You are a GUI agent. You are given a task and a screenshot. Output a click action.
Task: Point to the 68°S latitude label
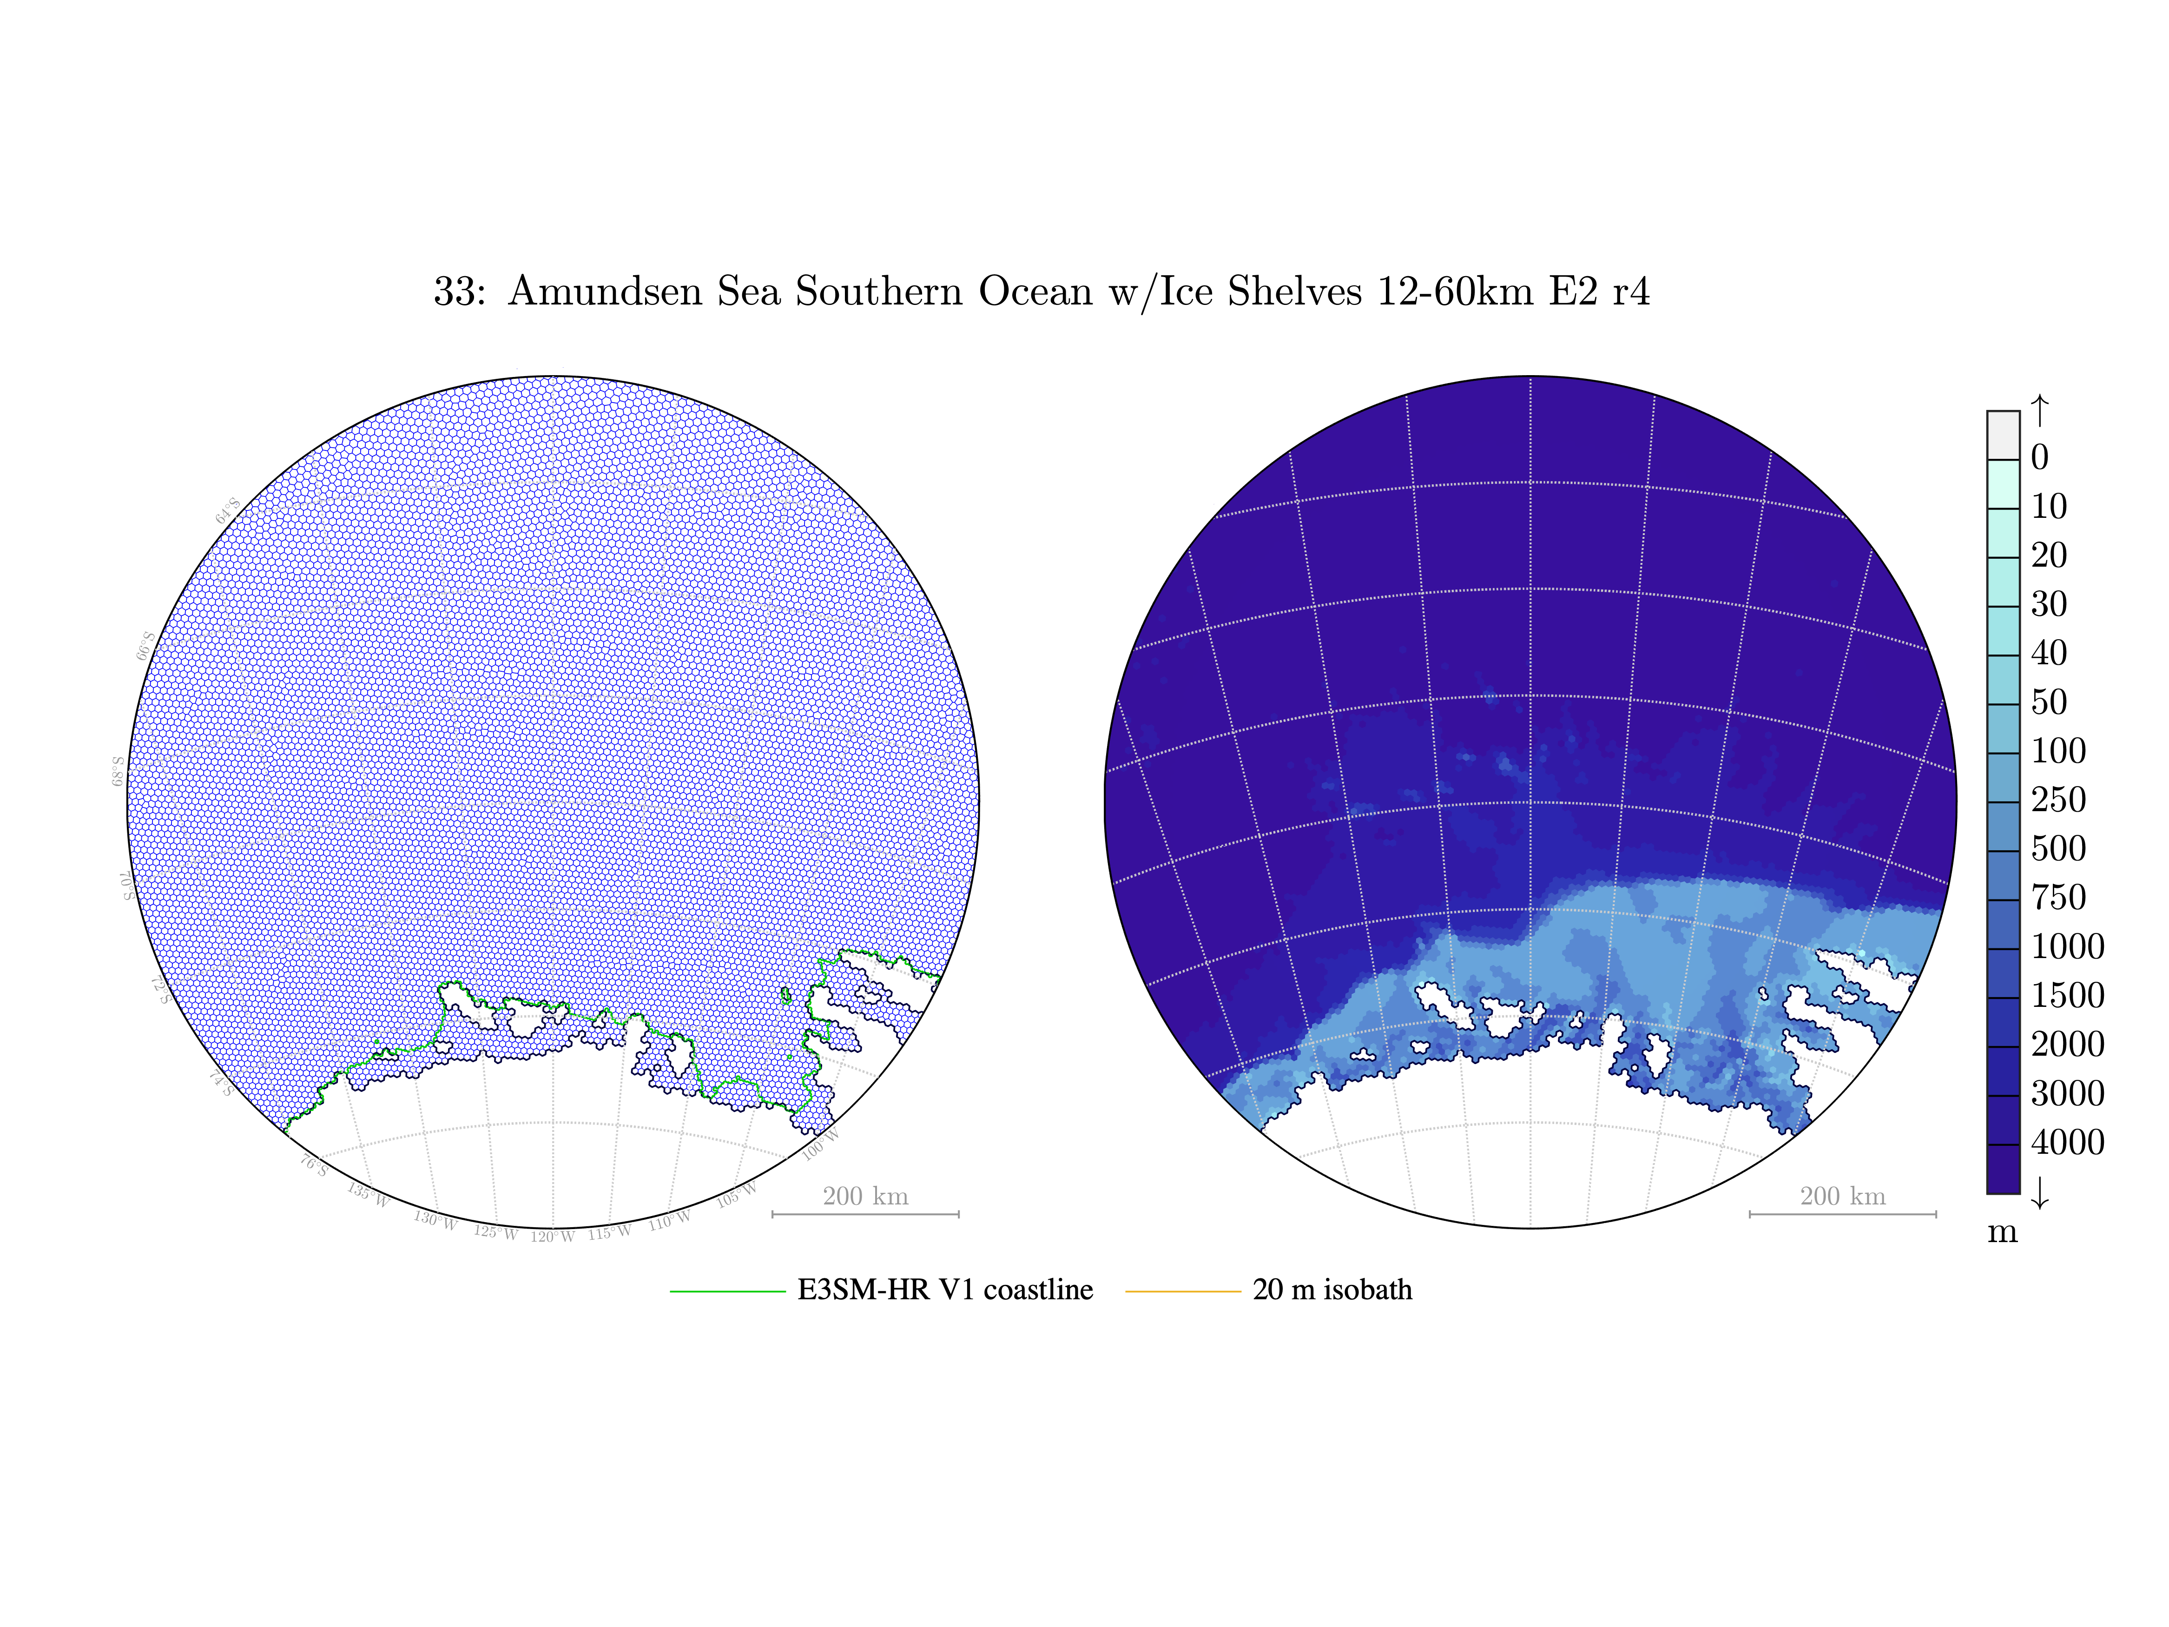[x=118, y=771]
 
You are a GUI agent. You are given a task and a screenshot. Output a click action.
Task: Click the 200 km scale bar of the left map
[x=865, y=1214]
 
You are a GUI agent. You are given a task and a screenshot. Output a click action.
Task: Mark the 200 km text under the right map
[x=1842, y=1197]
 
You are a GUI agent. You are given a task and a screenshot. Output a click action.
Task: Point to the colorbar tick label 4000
[x=2067, y=1143]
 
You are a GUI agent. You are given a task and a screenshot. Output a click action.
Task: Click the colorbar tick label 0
[x=2039, y=458]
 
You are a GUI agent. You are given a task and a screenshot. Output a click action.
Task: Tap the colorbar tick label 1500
[x=2067, y=995]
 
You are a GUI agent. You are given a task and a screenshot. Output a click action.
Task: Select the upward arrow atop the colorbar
[x=2039, y=410]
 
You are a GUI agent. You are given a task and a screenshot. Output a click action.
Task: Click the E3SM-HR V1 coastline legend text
[x=944, y=1290]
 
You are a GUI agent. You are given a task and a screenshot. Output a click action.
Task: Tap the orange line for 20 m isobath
[x=1182, y=1291]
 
